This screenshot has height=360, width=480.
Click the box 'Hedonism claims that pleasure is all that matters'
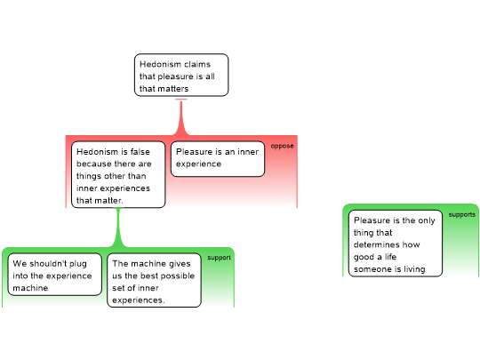[181, 75]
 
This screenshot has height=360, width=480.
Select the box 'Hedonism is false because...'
[118, 174]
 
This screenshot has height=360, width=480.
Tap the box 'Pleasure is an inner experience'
[218, 159]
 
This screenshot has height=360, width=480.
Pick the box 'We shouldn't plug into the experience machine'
[54, 275]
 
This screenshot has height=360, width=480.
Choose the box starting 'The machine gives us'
[154, 280]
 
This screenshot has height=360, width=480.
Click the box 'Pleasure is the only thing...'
[396, 244]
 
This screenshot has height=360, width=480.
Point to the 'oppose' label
[283, 146]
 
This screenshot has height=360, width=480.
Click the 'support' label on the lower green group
[219, 258]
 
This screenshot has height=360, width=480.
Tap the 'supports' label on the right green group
[462, 214]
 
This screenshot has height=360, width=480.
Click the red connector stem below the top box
[181, 118]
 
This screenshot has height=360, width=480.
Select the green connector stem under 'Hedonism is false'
[118, 228]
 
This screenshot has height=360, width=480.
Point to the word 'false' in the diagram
[140, 152]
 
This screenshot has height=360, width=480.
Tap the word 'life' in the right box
[390, 257]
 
